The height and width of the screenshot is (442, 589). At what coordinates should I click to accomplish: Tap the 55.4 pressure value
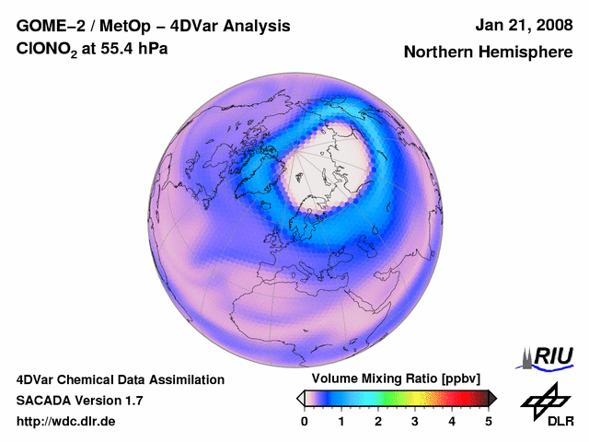[x=114, y=50]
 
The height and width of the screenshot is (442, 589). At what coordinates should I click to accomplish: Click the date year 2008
[x=550, y=26]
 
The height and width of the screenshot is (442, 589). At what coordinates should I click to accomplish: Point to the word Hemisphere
[x=525, y=52]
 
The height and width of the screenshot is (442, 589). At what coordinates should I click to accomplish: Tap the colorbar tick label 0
[x=305, y=420]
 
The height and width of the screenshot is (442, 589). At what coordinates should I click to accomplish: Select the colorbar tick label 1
[x=341, y=420]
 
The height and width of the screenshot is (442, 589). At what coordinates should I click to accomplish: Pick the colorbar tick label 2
[x=378, y=420]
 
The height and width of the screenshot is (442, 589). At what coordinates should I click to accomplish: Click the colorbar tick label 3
[x=415, y=420]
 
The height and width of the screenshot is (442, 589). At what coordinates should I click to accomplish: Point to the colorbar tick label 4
[x=452, y=420]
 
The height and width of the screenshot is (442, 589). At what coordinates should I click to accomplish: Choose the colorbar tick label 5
[x=489, y=420]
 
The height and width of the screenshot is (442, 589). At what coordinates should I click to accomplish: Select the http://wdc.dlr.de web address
[x=65, y=422]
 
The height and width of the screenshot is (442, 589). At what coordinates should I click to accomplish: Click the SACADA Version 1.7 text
[x=79, y=401]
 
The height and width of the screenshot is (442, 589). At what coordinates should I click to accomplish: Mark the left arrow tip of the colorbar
[x=300, y=398]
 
